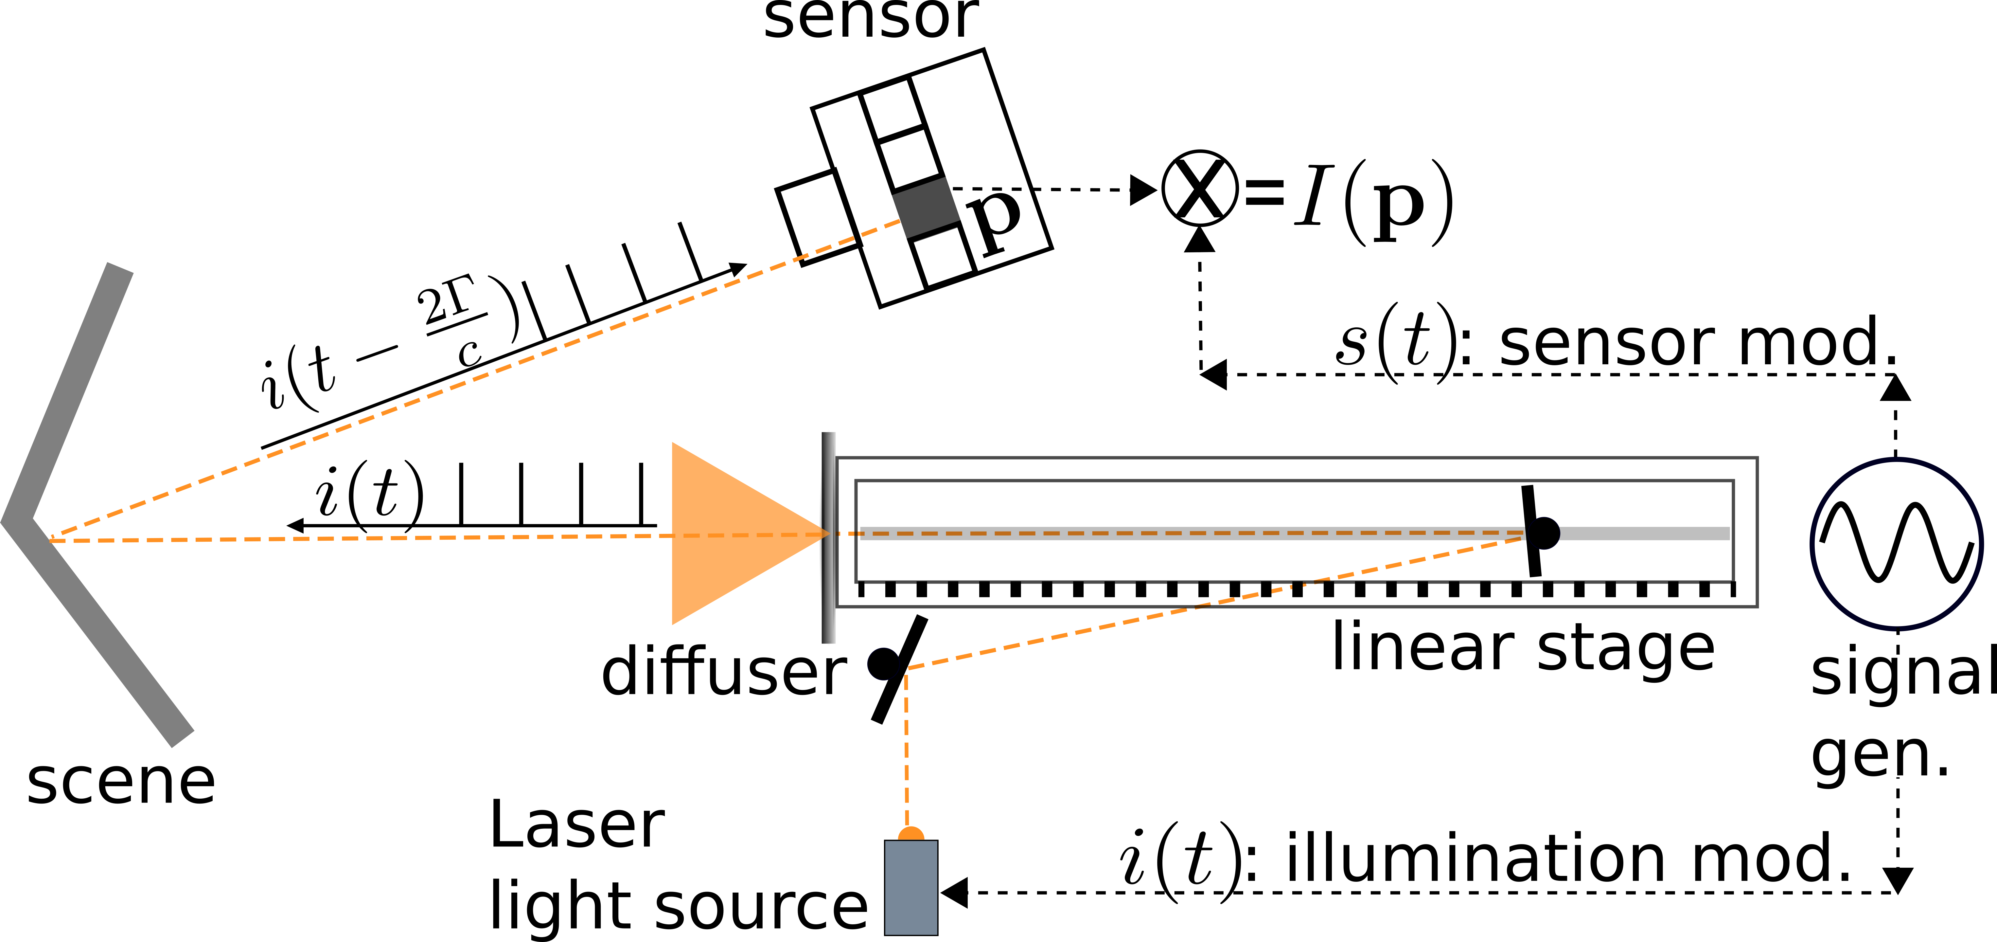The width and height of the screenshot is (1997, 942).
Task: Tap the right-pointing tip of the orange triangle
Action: (829, 534)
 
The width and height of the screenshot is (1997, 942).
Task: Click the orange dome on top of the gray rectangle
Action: (911, 834)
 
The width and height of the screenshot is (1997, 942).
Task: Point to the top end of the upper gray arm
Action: (120, 267)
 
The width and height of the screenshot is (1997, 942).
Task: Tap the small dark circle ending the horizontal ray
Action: (1543, 534)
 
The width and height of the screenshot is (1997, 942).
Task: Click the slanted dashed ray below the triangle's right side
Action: (1210, 603)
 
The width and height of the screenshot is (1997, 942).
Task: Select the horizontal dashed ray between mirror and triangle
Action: (357, 538)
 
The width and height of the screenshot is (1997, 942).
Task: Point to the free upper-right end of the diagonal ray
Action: (899, 222)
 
